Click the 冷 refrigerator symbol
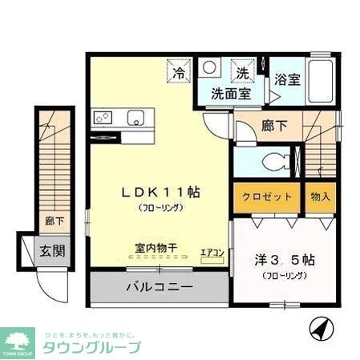180,73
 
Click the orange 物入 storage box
320,197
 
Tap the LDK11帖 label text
160,193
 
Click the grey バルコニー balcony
159,286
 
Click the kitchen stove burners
103,118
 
